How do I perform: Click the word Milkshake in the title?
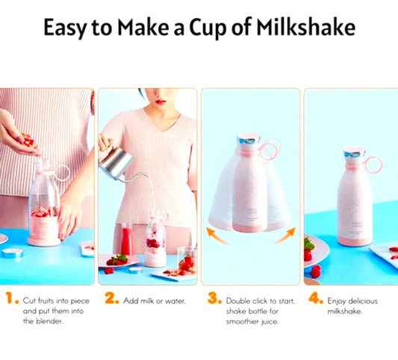click(x=305, y=27)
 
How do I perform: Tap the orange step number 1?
click(x=11, y=298)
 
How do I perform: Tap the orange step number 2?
click(x=112, y=298)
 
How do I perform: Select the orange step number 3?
click(x=214, y=298)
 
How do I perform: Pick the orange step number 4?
click(x=316, y=298)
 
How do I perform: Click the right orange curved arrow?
click(x=285, y=235)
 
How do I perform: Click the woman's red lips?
click(x=161, y=102)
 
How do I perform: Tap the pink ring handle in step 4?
click(x=373, y=165)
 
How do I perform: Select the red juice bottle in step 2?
click(x=127, y=239)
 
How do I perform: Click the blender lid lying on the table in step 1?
click(x=12, y=253)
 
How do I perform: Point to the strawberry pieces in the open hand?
click(x=27, y=140)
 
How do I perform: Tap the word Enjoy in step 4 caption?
click(x=335, y=302)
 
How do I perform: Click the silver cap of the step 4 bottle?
click(x=354, y=154)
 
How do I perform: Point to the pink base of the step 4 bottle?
click(x=355, y=240)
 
